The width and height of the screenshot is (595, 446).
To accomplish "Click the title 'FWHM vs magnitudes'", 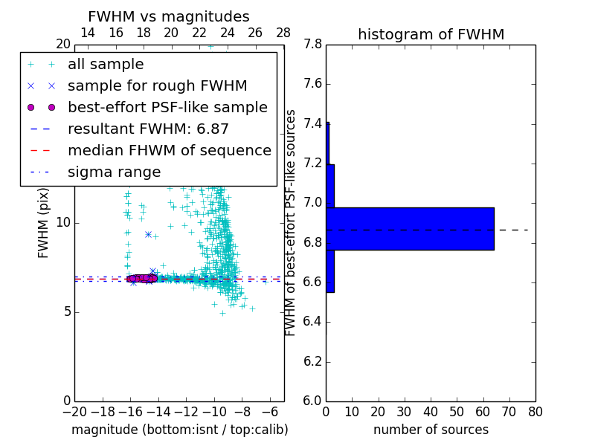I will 169,17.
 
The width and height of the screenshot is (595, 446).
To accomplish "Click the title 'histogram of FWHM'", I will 431,34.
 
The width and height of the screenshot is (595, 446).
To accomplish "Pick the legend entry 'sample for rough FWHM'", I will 157,85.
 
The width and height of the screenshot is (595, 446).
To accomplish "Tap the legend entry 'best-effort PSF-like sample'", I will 167,107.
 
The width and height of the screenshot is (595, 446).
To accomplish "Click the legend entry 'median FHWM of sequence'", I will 169,150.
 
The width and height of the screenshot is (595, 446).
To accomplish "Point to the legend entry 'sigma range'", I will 114,172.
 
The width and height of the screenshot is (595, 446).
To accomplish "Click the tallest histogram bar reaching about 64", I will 410,228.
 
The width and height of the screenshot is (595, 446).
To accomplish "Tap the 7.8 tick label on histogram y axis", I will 312,45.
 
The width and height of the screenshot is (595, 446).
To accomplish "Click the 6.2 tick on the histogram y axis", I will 312,362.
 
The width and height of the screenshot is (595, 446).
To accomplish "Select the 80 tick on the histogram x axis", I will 535,412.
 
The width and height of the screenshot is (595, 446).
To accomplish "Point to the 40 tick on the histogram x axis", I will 431,412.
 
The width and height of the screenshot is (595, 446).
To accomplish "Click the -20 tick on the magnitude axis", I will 74,412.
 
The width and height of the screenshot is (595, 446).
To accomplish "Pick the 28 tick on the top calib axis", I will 283,33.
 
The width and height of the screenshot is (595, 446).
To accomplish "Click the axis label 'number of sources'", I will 431,430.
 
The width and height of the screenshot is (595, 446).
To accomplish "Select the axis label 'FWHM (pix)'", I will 44,223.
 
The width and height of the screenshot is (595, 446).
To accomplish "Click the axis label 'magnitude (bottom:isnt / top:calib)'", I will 179,430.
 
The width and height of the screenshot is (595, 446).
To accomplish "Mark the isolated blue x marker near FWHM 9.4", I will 148,234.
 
